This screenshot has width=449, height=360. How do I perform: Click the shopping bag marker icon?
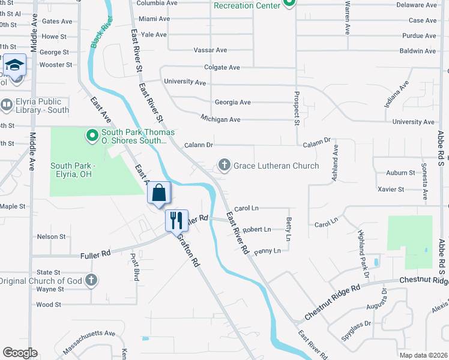point(159,193)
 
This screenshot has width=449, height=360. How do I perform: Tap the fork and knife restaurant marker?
point(176,220)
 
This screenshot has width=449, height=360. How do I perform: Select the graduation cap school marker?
point(14,65)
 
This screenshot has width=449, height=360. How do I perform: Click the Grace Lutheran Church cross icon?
point(224,165)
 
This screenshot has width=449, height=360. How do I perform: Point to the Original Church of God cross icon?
point(91,280)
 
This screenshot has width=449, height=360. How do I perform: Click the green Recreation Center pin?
point(289,5)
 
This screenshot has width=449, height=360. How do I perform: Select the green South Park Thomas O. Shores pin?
point(92,136)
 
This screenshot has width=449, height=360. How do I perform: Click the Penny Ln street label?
point(267,251)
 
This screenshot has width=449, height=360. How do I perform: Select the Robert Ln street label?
point(257,229)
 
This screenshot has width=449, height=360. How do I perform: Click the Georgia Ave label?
point(232,103)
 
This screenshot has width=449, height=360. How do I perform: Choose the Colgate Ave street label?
point(221,67)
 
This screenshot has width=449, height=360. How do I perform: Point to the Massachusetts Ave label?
point(93,333)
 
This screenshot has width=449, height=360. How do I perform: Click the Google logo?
point(20,353)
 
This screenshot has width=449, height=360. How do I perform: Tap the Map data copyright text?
point(423,355)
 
